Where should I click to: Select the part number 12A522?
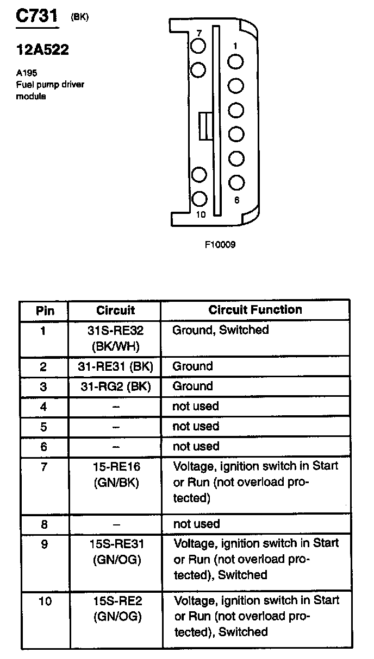click(x=42, y=50)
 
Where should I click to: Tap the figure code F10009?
click(x=220, y=245)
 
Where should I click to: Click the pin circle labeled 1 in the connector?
click(x=235, y=62)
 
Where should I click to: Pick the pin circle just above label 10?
click(x=200, y=199)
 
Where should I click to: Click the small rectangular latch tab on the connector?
click(x=204, y=126)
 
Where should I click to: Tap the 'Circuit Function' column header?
click(x=255, y=310)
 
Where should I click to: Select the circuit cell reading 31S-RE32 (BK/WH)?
click(x=115, y=338)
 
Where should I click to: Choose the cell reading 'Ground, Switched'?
click(x=220, y=330)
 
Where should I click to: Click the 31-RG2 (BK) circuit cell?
click(x=115, y=386)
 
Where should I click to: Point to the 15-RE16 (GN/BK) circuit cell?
click(x=115, y=474)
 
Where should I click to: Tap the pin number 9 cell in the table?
click(x=45, y=543)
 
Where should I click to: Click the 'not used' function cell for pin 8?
click(x=196, y=524)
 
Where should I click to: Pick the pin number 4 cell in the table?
click(x=44, y=407)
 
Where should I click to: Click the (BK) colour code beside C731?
click(x=79, y=17)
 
